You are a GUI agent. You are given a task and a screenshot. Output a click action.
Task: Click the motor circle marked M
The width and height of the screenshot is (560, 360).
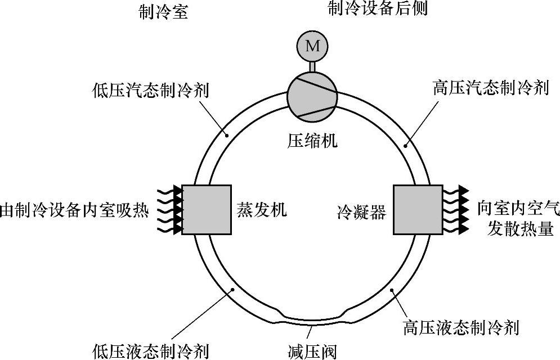click(312, 46)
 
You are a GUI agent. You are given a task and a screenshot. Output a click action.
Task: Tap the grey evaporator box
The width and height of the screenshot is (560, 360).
click(207, 209)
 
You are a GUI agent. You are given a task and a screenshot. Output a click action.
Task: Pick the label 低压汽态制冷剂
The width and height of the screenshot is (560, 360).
click(150, 90)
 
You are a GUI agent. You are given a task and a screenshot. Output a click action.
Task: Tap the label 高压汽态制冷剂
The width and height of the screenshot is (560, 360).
click(491, 88)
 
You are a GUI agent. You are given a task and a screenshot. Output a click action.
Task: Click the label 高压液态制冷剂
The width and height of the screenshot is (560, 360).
click(461, 327)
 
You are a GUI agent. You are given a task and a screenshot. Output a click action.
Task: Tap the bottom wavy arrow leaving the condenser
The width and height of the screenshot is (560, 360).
click(456, 229)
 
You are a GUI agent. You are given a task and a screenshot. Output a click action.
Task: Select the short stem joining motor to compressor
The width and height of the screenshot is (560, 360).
click(312, 66)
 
